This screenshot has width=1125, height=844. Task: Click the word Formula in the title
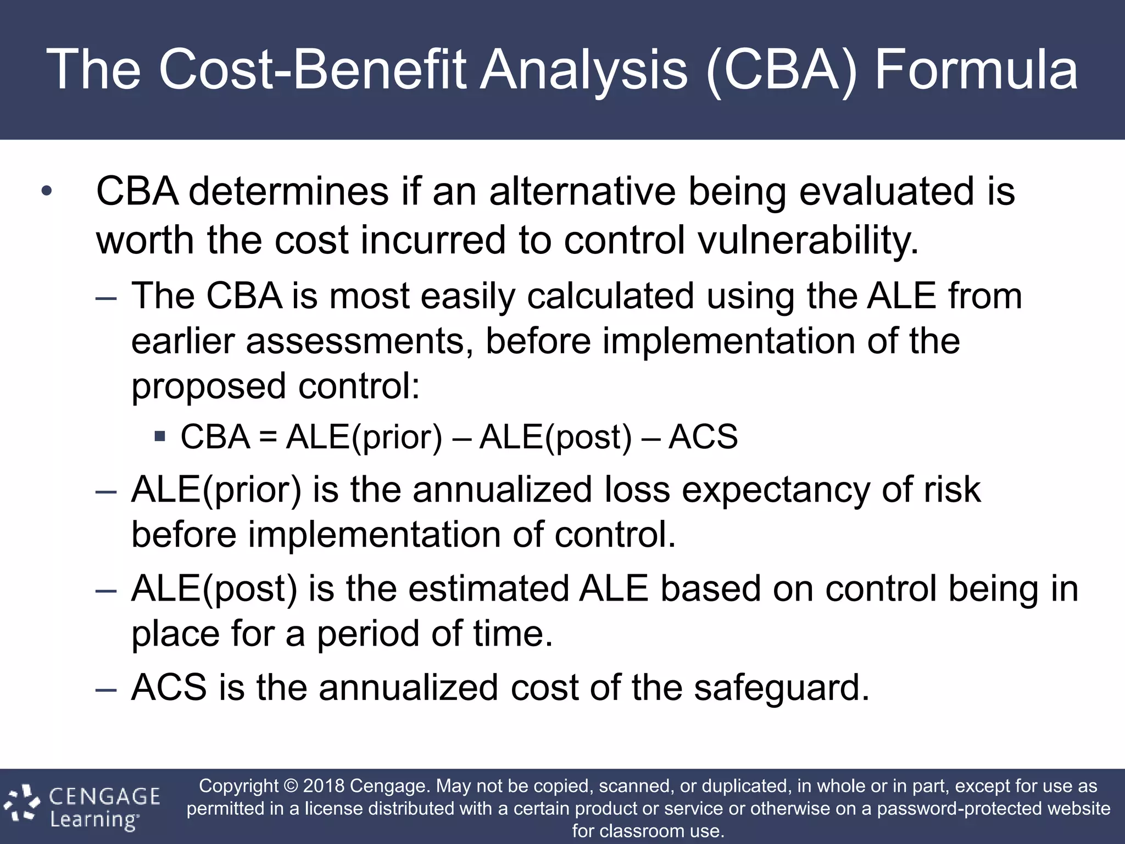tap(976, 70)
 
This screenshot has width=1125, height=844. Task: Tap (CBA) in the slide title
tap(781, 70)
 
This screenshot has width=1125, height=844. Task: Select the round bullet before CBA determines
tap(47, 192)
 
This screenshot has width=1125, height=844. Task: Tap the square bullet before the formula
tap(160, 437)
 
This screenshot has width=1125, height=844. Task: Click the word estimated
tap(488, 589)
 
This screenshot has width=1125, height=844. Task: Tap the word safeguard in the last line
tap(781, 688)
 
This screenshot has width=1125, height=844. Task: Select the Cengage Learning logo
tap(82, 807)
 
